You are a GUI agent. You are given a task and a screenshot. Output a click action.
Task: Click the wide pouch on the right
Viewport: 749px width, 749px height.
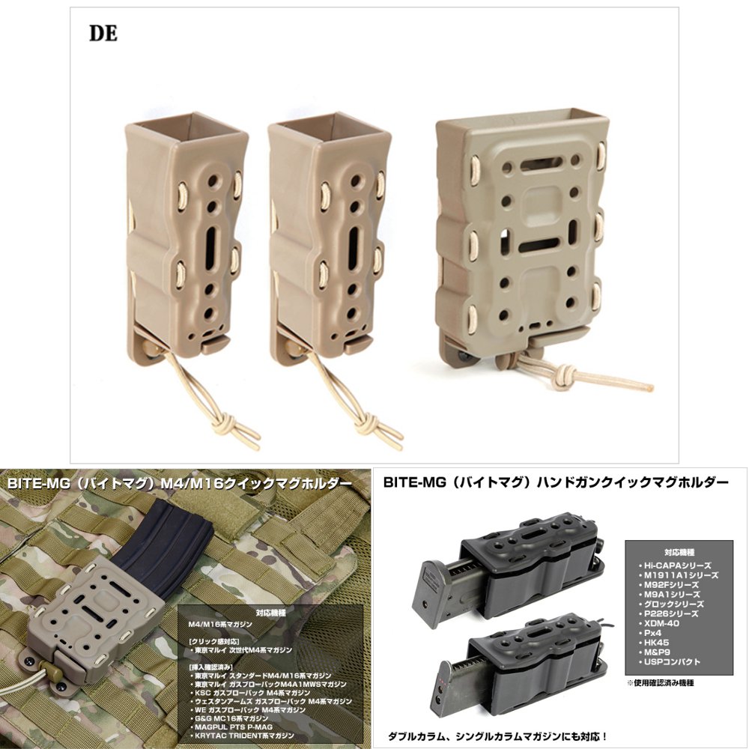click(521, 232)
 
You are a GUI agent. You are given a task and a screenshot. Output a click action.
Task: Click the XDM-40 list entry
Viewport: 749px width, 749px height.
click(658, 623)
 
